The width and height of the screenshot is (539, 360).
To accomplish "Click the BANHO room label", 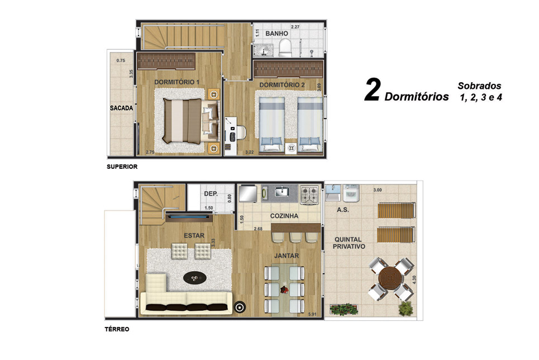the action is click(x=276, y=34).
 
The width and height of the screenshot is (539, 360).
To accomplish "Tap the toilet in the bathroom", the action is click(x=285, y=48).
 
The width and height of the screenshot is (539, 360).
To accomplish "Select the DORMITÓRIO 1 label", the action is click(x=177, y=82).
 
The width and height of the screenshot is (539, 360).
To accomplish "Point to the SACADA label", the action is click(x=121, y=108).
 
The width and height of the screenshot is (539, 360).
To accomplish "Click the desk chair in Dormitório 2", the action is click(x=240, y=133).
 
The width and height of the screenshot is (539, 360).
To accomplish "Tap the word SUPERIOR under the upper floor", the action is click(x=122, y=167).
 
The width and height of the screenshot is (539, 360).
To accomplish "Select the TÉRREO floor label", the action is click(x=117, y=329).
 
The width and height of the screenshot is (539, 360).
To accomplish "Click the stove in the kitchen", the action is click(x=310, y=195).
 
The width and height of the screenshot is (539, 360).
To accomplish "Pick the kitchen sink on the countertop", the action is click(x=282, y=191).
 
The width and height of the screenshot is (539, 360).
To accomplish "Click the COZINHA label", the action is click(x=284, y=216).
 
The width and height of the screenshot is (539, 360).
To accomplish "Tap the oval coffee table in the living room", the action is click(x=195, y=278).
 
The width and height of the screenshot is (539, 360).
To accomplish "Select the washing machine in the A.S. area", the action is click(x=351, y=193).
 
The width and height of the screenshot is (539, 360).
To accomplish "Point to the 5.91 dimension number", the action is click(x=312, y=314).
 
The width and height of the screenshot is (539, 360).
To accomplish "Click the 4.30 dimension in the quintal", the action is click(x=414, y=280).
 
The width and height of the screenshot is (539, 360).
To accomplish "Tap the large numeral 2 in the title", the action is click(x=373, y=89).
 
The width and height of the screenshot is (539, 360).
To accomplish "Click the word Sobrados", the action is click(x=479, y=86).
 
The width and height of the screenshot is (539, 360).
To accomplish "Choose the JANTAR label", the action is click(x=287, y=255).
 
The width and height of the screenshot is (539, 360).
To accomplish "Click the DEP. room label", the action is click(x=211, y=194).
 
